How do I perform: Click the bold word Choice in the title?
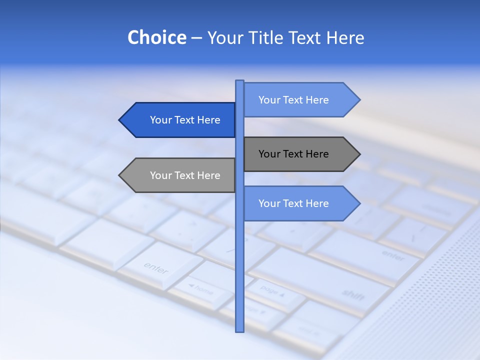[x=156, y=37]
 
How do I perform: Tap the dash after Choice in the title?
[x=196, y=38]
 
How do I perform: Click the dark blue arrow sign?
[x=180, y=120]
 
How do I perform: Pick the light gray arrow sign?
[x=180, y=175]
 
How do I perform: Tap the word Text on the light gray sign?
[x=184, y=175]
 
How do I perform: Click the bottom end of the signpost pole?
[x=239, y=329]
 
